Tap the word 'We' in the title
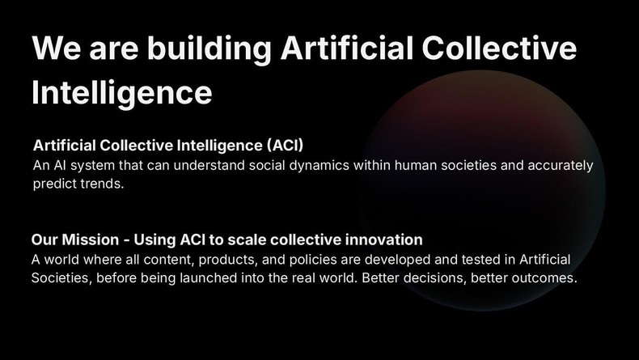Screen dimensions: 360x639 click(53, 50)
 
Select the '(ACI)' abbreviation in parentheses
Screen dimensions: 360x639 click(284, 146)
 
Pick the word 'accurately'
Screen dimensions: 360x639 click(559, 166)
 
